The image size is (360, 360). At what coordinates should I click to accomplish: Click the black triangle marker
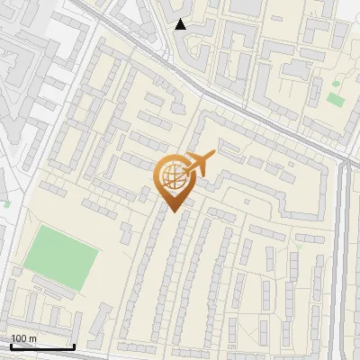(x=181, y=24)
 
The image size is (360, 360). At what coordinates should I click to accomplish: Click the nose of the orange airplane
(x=213, y=154)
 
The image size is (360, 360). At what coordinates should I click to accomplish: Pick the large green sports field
(x=59, y=259)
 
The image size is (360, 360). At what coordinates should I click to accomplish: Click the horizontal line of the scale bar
(x=42, y=347)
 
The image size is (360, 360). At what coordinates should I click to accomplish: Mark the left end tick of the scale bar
(x=11, y=346)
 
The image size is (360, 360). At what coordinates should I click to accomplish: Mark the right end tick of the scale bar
(x=74, y=346)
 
